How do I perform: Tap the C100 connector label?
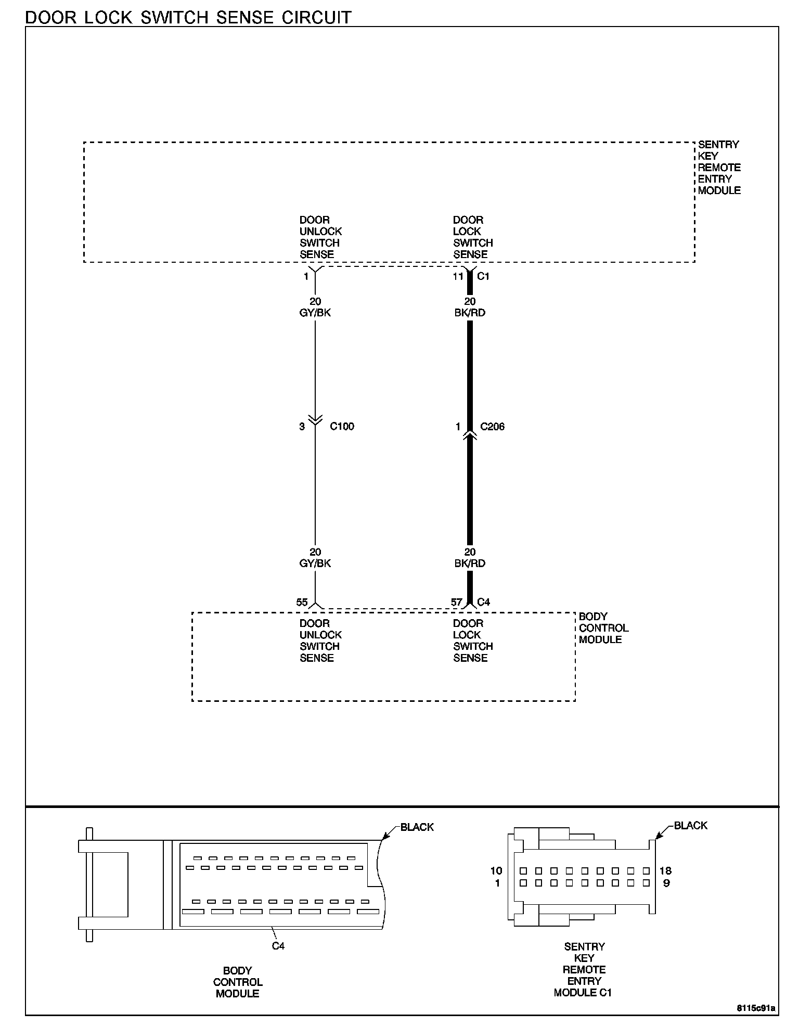342,427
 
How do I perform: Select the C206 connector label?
492,427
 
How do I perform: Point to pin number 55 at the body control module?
302,602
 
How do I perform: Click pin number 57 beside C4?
456,602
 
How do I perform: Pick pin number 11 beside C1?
458,276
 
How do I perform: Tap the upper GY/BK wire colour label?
315,313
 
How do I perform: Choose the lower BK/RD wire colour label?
470,563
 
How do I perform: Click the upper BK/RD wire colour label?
470,313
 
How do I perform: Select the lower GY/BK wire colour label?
315,563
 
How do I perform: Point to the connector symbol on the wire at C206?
470,434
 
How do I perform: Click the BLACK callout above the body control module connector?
417,827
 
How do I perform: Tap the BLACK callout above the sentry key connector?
690,825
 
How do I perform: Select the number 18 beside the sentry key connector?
665,870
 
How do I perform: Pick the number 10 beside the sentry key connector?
496,870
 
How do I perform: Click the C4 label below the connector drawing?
278,946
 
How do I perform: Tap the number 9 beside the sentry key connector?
666,883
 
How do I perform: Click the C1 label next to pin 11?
483,276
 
